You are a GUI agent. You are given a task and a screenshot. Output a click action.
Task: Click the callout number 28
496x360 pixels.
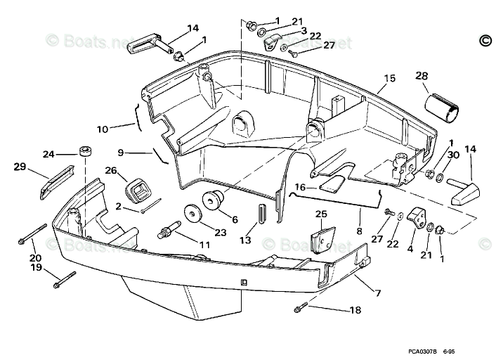click(x=421, y=76)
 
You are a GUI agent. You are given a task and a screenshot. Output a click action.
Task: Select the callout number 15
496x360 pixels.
click(x=390, y=77)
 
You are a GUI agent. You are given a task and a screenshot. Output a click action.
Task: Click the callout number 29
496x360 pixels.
click(x=20, y=167)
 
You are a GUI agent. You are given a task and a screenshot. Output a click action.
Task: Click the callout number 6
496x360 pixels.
click(x=234, y=219)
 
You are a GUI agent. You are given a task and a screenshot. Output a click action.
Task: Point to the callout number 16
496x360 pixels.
click(x=300, y=188)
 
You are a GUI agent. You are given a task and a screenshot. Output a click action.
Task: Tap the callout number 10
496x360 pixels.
click(x=103, y=129)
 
